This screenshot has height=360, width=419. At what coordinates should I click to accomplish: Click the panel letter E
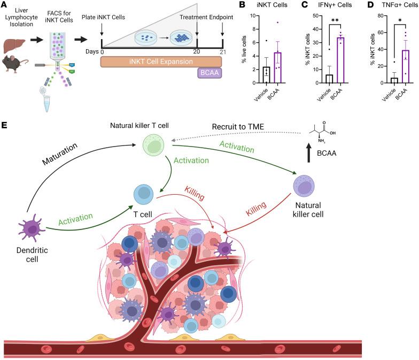click(x=5, y=126)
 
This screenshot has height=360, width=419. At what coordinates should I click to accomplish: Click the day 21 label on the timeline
click(x=222, y=53)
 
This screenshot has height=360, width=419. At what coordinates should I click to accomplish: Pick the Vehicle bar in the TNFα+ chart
click(x=379, y=80)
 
